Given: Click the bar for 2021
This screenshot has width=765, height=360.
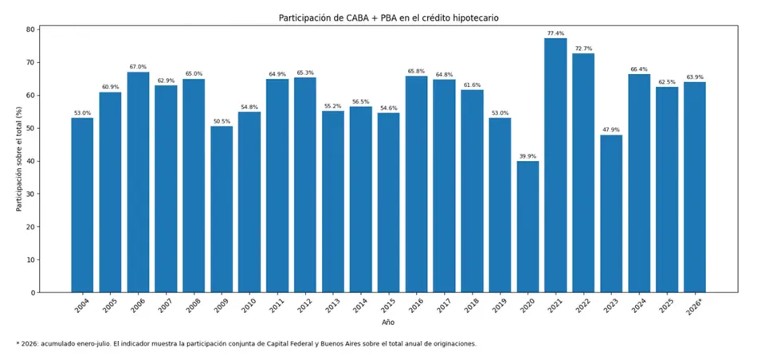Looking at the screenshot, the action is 555,166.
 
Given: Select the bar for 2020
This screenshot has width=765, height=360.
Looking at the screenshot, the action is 528,227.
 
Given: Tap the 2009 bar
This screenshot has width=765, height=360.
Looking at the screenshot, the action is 222,209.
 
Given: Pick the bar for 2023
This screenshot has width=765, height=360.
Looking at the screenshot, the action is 611,213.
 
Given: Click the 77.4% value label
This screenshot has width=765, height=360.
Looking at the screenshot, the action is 555,33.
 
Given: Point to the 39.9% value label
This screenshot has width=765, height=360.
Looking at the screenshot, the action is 528,157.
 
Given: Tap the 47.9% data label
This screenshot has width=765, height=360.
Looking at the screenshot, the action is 611,131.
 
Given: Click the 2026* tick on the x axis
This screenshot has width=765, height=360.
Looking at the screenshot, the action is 695,304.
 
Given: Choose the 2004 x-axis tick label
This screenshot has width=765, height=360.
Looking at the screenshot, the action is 82,304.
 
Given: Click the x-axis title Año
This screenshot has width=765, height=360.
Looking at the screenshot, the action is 388,323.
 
